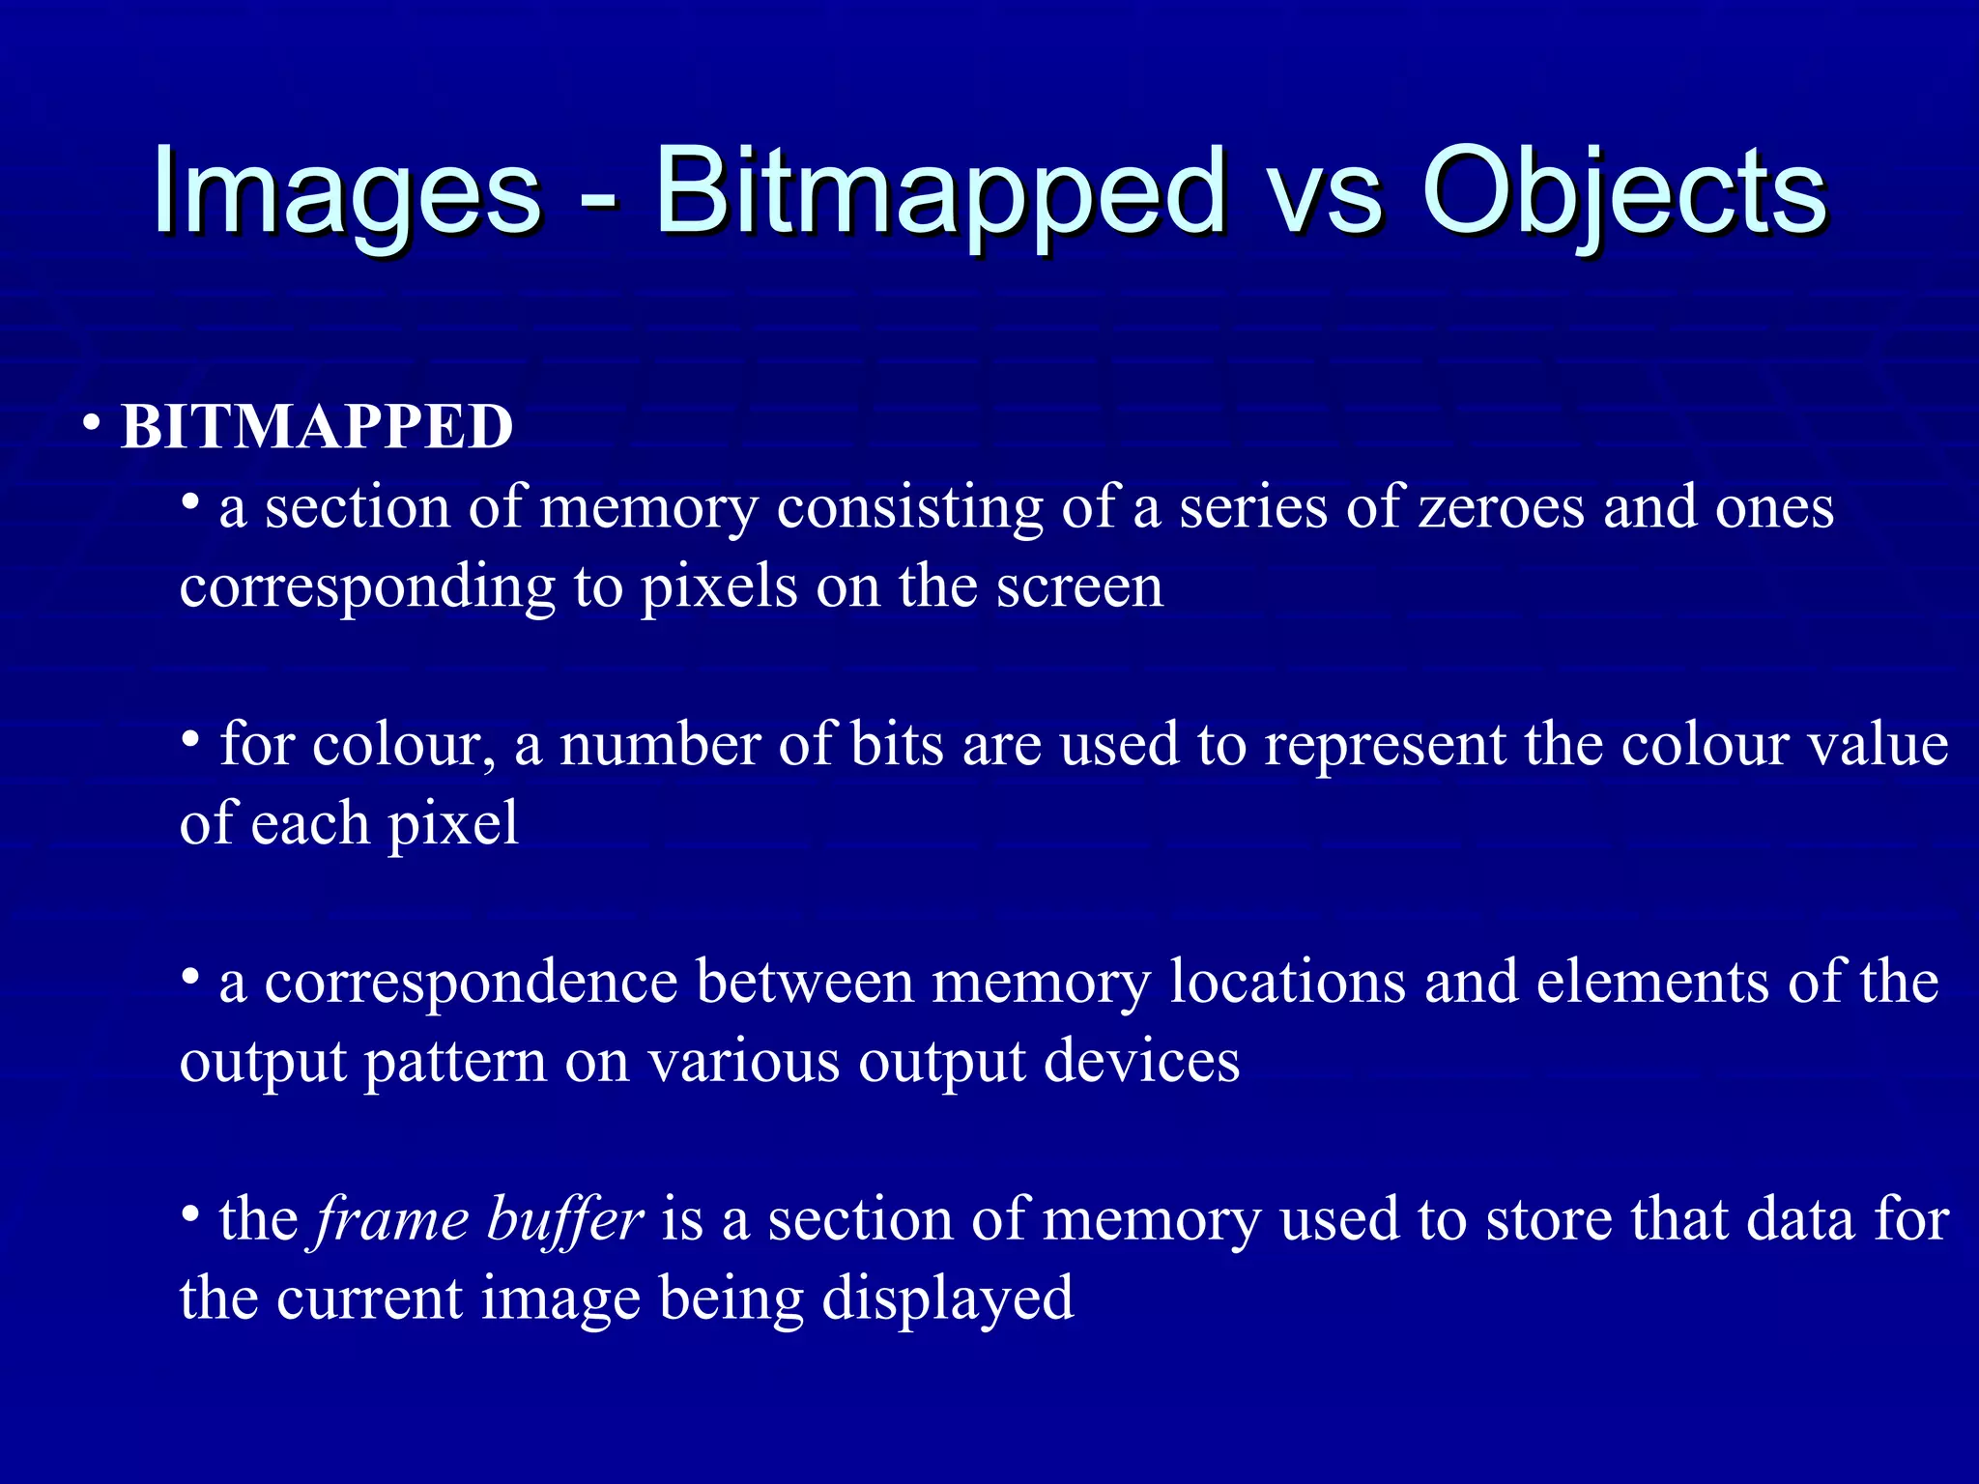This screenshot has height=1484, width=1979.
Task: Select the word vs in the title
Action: click(1324, 198)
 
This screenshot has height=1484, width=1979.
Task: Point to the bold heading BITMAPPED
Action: click(317, 427)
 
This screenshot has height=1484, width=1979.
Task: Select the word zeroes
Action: click(1501, 509)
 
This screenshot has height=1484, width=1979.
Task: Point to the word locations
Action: click(1287, 983)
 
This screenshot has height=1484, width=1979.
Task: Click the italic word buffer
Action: click(564, 1220)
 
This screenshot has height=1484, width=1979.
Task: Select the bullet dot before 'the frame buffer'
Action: click(191, 1213)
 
